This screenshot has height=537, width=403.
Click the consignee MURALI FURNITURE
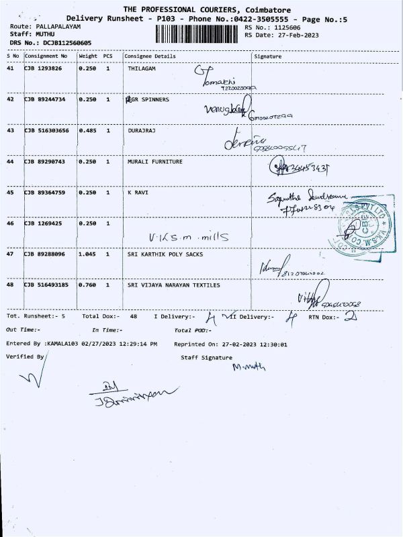click(154, 161)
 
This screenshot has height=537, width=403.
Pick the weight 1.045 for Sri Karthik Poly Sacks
click(88, 254)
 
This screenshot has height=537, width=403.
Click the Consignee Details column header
click(150, 56)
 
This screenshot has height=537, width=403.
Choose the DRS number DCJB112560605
click(66, 43)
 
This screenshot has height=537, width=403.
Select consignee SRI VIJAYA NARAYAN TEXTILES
click(173, 285)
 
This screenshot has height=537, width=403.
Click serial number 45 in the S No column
click(10, 193)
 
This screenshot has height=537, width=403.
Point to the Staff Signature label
click(206, 357)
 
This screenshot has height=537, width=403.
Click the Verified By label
click(25, 356)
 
